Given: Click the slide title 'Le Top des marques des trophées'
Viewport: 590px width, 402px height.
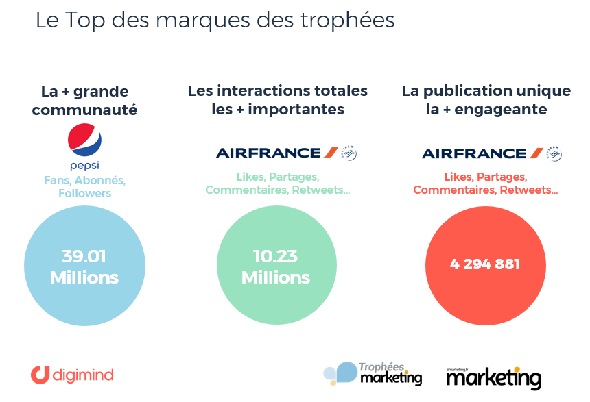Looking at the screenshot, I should click(x=215, y=20).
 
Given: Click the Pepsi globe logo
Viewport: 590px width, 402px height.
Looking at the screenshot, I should click(x=85, y=140).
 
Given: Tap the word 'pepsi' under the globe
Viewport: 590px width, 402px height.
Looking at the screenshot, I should click(x=85, y=166).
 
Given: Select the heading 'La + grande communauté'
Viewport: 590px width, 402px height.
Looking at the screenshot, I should click(x=85, y=100).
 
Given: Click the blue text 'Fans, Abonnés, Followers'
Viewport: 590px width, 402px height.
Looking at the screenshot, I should click(x=85, y=186).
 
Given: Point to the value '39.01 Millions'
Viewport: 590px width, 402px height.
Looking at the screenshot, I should click(x=84, y=267).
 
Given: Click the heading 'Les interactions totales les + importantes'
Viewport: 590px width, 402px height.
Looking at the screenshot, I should click(x=278, y=100).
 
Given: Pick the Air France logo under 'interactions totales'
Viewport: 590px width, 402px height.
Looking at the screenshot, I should click(x=278, y=153).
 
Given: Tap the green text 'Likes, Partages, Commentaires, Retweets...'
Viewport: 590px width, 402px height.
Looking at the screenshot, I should click(x=278, y=183).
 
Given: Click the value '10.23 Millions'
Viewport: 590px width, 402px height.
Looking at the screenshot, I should click(x=276, y=267).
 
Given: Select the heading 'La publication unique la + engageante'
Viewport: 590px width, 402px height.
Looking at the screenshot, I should click(x=486, y=100).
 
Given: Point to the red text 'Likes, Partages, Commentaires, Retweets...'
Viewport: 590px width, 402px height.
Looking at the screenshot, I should click(x=486, y=183).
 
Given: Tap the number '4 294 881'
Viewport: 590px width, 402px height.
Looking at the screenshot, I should click(x=486, y=264).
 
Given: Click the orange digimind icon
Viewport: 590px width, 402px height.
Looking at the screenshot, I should click(x=40, y=375).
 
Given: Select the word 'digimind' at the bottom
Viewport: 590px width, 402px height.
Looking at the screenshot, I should click(x=83, y=375).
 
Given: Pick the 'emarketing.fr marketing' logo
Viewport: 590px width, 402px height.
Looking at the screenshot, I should click(x=493, y=376).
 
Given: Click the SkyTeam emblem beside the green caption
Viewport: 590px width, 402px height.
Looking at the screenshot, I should click(x=349, y=153).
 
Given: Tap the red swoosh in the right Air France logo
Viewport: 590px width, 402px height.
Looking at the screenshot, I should click(x=536, y=153).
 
